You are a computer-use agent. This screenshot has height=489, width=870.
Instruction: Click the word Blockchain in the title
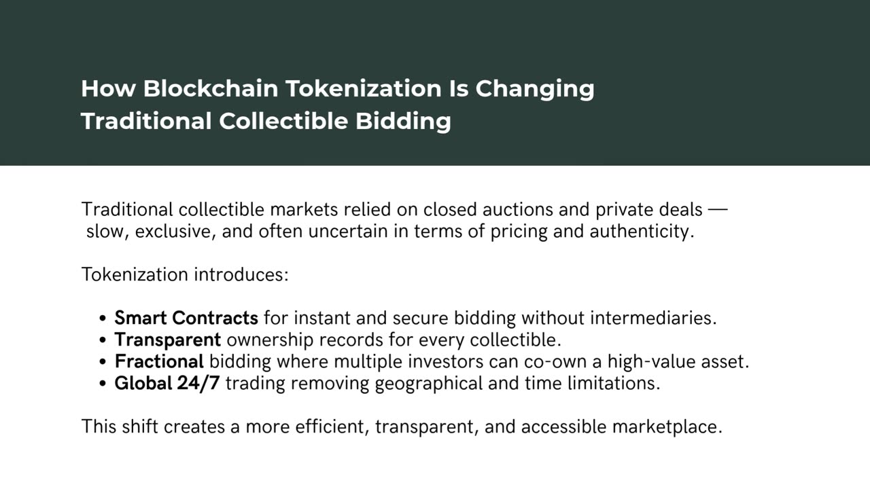click(211, 88)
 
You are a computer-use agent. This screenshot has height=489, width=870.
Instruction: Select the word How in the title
click(108, 88)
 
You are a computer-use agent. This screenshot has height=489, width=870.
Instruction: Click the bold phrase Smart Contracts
click(186, 318)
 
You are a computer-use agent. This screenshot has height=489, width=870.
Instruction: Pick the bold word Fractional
click(159, 361)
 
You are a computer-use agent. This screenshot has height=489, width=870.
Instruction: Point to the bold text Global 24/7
click(167, 384)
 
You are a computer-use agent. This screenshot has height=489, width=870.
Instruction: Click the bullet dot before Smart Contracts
click(103, 319)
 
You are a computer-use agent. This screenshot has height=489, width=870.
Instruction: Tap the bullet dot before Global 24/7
click(103, 384)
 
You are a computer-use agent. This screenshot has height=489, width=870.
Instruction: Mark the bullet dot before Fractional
click(103, 363)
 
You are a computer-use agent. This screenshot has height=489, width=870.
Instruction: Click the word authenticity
click(642, 232)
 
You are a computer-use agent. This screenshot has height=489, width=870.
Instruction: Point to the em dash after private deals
click(718, 210)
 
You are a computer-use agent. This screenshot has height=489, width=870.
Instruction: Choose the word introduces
click(241, 275)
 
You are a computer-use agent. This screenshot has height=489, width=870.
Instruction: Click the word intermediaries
click(653, 318)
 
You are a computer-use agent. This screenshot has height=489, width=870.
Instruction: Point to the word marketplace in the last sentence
click(667, 427)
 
